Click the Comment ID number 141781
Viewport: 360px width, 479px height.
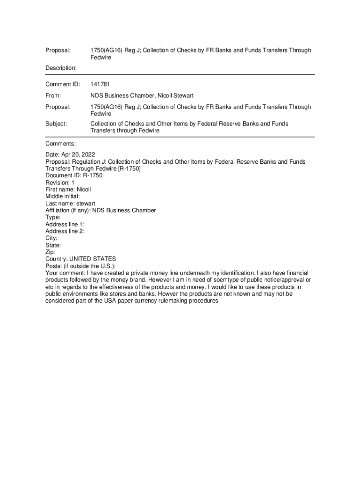tap(101, 84)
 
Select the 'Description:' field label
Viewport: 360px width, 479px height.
tap(61, 68)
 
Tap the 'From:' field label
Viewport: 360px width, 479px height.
tap(53, 95)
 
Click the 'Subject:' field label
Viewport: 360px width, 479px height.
tap(56, 124)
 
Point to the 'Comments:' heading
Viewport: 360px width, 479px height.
tap(61, 143)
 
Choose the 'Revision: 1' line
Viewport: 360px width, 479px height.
tap(60, 182)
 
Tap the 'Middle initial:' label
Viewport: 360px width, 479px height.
tap(63, 196)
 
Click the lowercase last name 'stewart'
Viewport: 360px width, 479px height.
tap(86, 203)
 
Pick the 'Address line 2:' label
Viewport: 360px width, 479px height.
tap(65, 231)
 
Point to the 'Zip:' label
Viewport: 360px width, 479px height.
tap(51, 252)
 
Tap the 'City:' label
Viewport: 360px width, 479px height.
tap(51, 238)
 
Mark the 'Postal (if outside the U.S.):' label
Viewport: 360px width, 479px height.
tap(80, 266)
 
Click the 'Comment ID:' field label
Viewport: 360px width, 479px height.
tap(63, 84)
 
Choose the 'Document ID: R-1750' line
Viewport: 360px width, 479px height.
tap(74, 175)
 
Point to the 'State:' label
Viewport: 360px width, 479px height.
tap(53, 245)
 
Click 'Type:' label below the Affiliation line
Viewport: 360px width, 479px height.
tap(53, 217)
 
